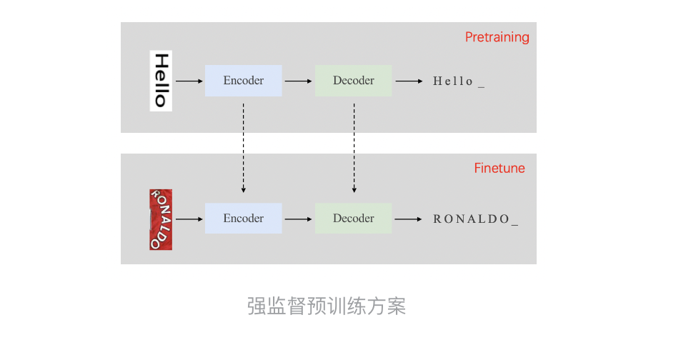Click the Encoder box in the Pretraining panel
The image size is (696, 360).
[243, 81]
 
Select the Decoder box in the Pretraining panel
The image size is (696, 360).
[353, 81]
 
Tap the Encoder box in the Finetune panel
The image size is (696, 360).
[243, 219]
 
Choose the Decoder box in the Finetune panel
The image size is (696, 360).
[353, 219]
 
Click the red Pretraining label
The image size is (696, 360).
[497, 37]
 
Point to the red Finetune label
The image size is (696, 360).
[499, 169]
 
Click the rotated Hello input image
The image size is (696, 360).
[161, 81]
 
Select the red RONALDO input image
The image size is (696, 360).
[161, 219]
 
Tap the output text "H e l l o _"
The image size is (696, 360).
[459, 81]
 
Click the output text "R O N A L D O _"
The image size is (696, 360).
[475, 219]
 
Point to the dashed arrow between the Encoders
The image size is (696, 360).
[244, 148]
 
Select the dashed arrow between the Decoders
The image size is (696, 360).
[354, 148]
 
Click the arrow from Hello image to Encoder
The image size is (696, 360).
[189, 81]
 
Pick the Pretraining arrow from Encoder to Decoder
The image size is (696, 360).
[299, 81]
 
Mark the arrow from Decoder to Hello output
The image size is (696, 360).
[409, 81]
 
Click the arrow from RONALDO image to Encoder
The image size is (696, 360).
[189, 219]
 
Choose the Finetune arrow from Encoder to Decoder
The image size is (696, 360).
[299, 219]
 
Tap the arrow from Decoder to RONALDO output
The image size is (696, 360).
[409, 219]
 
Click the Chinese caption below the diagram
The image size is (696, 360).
[327, 306]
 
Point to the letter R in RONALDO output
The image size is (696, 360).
[437, 219]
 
